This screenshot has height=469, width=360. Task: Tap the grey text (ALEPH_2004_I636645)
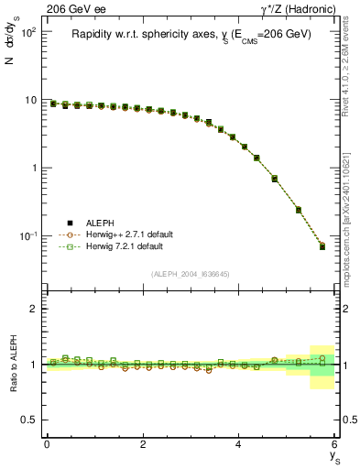click(191, 274)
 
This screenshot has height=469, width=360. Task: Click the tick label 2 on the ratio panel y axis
click(32, 309)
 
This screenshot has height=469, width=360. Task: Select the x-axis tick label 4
click(238, 444)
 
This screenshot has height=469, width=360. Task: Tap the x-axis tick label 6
click(334, 444)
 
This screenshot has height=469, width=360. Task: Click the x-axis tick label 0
click(47, 444)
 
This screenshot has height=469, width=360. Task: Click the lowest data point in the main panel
click(322, 246)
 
